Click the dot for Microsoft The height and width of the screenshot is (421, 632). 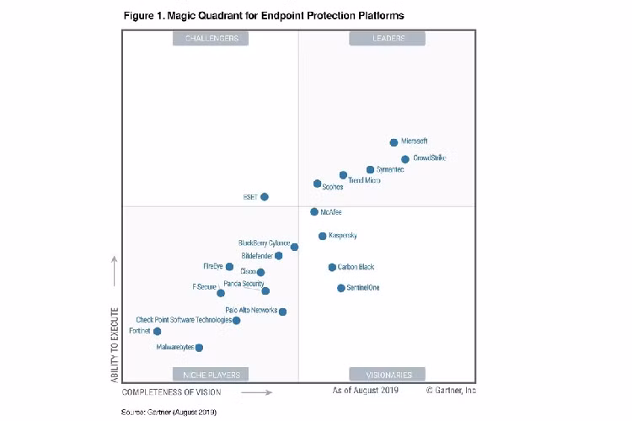pyautogui.click(x=394, y=142)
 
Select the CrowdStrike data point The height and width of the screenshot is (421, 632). pyautogui.click(x=405, y=159)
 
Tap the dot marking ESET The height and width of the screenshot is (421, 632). pyautogui.click(x=265, y=197)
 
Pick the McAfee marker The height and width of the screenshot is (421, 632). pyautogui.click(x=314, y=212)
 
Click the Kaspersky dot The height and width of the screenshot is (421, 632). pyautogui.click(x=323, y=236)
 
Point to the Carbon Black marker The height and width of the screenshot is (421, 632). pyautogui.click(x=332, y=267)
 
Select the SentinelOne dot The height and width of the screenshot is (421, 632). pyautogui.click(x=341, y=288)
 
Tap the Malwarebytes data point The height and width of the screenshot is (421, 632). pyautogui.click(x=199, y=347)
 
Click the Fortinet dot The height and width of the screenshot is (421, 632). pyautogui.click(x=158, y=332)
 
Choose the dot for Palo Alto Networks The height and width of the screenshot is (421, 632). pyautogui.click(x=283, y=312)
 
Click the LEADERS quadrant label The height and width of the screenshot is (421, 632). pyautogui.click(x=388, y=39)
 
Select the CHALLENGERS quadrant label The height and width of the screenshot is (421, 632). pyautogui.click(x=211, y=39)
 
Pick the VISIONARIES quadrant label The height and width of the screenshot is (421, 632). pyautogui.click(x=388, y=375)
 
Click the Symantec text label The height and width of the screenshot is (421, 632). pyautogui.click(x=390, y=170)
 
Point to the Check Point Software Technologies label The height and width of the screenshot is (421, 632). pyautogui.click(x=184, y=320)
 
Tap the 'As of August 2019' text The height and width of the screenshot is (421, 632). pyautogui.click(x=366, y=391)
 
